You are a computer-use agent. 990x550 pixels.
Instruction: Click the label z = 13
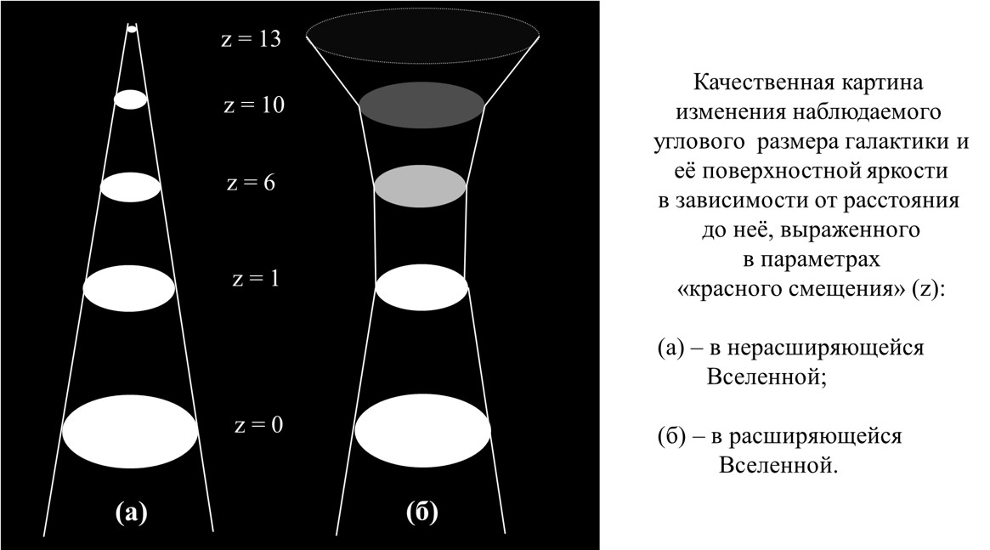[251, 39]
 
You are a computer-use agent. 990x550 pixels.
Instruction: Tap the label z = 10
[254, 105]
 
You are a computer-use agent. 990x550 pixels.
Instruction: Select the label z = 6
[251, 183]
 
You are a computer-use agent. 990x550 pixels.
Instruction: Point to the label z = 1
[256, 279]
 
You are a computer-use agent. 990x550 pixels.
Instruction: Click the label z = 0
[259, 425]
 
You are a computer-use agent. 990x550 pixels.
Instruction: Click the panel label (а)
[132, 512]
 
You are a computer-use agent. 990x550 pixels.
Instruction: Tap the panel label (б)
[422, 512]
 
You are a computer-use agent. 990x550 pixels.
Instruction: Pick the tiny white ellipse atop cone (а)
[132, 28]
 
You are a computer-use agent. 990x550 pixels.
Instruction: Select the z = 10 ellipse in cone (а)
[131, 99]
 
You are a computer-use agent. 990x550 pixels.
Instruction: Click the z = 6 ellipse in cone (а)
[131, 187]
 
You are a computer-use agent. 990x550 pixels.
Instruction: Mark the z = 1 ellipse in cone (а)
[129, 288]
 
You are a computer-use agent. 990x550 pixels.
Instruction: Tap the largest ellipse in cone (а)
[130, 431]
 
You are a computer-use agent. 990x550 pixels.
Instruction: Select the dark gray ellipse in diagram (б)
[421, 105]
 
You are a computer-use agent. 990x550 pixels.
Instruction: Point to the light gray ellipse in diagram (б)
[421, 186]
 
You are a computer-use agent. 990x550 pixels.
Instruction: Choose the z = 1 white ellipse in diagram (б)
[421, 287]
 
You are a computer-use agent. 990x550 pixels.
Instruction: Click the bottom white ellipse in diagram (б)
[422, 431]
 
